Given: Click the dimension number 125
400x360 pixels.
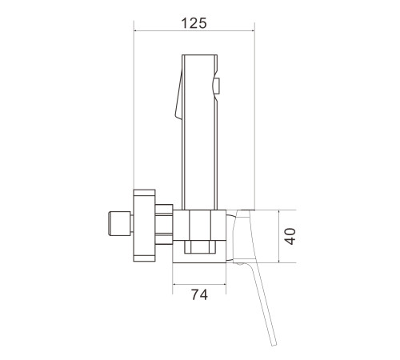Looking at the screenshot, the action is pos(194,23).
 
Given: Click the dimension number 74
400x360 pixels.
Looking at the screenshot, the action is pos(199,294).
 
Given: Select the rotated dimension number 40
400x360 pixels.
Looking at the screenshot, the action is pos(290,236).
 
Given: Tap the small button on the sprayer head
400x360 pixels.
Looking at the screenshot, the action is pos(217,86).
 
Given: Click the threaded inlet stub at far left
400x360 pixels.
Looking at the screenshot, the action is pos(119,223).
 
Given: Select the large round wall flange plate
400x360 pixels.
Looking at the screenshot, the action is pos(144,226).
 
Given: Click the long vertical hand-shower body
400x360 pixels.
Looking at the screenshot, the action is pos(199,132).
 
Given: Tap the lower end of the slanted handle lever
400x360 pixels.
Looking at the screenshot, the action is pos(274,344).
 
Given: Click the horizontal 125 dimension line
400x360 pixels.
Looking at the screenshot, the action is pos(194,31).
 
